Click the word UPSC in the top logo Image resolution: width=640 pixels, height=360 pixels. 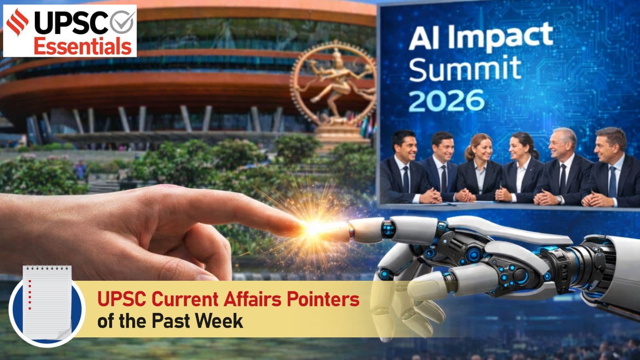[72, 22]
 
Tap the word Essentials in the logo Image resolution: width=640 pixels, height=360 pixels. [82, 46]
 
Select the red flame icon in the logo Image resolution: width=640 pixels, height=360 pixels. [18, 22]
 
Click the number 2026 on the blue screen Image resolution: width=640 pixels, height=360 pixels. [446, 100]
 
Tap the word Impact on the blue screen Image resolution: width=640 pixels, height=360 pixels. [500, 38]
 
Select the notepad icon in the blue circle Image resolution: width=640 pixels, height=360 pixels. [47, 303]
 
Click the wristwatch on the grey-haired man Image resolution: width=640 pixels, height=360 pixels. [559, 199]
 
